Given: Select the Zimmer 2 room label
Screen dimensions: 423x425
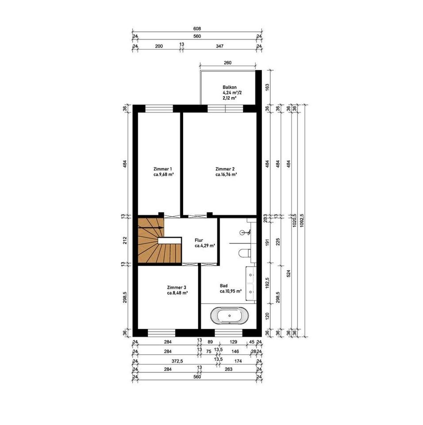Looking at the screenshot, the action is coord(226,172).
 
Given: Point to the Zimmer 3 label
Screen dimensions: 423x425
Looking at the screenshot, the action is coord(177,290).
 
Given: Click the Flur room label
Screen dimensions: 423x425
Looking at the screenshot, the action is coord(205,243).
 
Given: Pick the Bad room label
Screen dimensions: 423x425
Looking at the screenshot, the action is coord(231,288).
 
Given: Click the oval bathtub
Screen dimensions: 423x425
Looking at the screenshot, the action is coord(230,316).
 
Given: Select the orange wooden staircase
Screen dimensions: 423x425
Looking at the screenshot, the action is coord(159,240).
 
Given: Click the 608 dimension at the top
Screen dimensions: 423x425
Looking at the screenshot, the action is coord(197,29).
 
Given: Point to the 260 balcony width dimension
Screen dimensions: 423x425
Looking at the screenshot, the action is coord(227,62).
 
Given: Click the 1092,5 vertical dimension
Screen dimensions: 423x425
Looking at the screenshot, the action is coord(302,220).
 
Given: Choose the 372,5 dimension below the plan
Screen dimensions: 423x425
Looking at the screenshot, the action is coord(177,361).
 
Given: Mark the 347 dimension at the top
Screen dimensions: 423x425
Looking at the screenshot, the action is coord(219,46).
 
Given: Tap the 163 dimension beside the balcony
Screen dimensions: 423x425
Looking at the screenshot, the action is coord(267,87).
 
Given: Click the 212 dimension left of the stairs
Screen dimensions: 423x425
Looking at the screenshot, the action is coord(125,240).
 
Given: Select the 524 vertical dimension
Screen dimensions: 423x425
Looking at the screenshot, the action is coord(288,273).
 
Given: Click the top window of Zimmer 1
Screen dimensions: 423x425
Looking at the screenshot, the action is coord(159,108).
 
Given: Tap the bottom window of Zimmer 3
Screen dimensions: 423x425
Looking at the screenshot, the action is coord(162,332).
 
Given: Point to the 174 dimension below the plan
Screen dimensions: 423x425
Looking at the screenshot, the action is coord(238,361).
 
